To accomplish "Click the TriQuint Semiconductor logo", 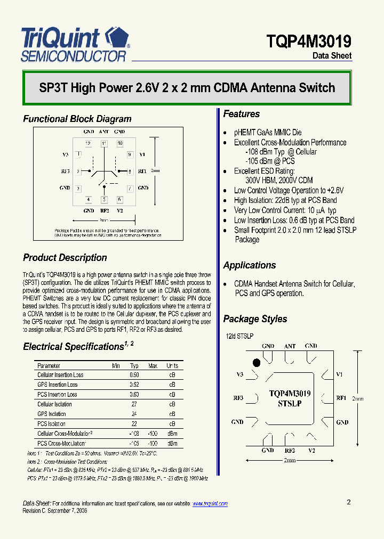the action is (x=75, y=44).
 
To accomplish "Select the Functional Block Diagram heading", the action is (x=77, y=119).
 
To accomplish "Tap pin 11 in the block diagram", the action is (x=104, y=143).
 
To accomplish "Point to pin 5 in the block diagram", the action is (x=104, y=200).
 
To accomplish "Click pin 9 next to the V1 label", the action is (x=129, y=154).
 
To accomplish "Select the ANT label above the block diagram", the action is (x=104, y=131).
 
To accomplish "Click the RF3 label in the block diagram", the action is (x=66, y=171).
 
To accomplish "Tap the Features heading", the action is (x=241, y=114).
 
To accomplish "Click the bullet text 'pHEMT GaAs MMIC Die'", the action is (x=268, y=133).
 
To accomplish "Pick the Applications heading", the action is (x=249, y=265).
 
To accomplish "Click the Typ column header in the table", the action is (x=134, y=366).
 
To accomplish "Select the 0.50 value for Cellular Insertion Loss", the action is (x=134, y=375).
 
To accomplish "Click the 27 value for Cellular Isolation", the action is (x=134, y=404).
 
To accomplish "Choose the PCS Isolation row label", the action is (x=52, y=424).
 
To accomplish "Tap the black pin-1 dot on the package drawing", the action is (x=256, y=363).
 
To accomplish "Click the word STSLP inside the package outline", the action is (x=290, y=403).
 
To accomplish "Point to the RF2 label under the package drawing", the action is (x=290, y=451).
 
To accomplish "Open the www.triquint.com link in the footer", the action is (x=210, y=503).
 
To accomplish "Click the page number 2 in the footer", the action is (x=349, y=502).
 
